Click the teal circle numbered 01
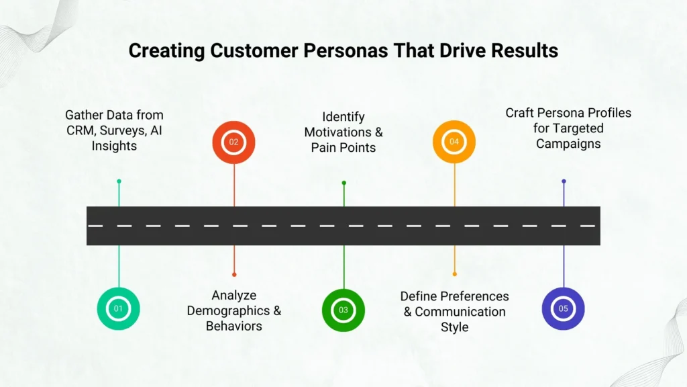119,309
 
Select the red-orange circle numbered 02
233,142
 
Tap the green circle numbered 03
343,310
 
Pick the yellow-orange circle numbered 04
454,142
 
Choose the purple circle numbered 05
563,309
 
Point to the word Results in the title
524,50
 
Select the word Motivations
337,132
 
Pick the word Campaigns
568,143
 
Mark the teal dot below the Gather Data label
119,181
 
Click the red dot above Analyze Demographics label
233,274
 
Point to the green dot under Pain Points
343,183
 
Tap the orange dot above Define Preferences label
454,274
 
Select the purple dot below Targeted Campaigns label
564,181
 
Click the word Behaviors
233,326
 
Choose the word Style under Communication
454,327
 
